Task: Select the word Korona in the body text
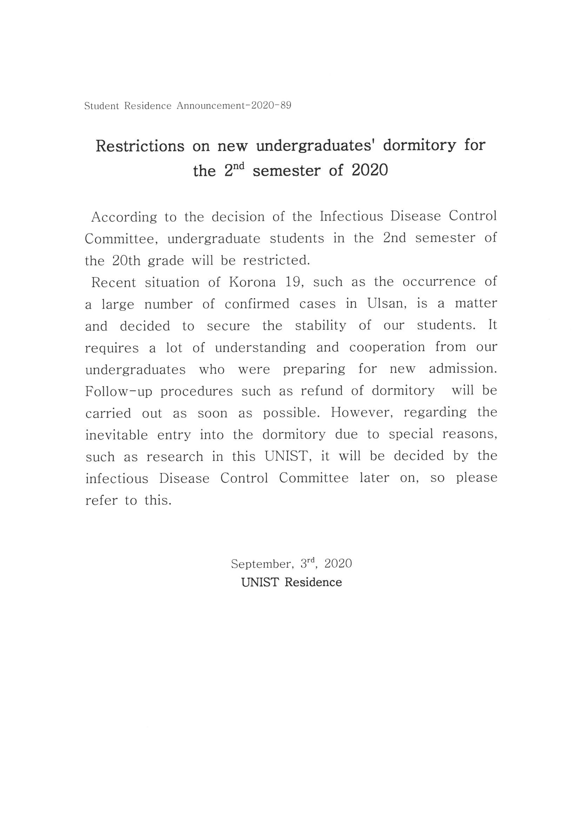coord(252,282)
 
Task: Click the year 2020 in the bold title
coord(369,171)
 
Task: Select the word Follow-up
coord(119,391)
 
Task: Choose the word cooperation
coord(387,348)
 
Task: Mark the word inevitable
coord(116,435)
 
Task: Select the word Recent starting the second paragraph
coord(114,282)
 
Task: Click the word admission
coord(463,369)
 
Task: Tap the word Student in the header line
coord(101,106)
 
